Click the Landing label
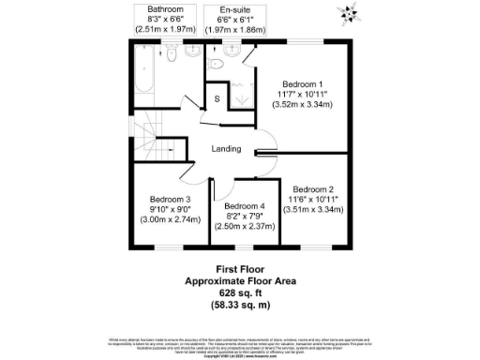click(x=226, y=148)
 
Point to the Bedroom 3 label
click(x=170, y=199)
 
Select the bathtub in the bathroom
click(x=146, y=72)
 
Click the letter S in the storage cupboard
click(x=217, y=98)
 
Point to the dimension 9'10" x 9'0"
click(x=170, y=209)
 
